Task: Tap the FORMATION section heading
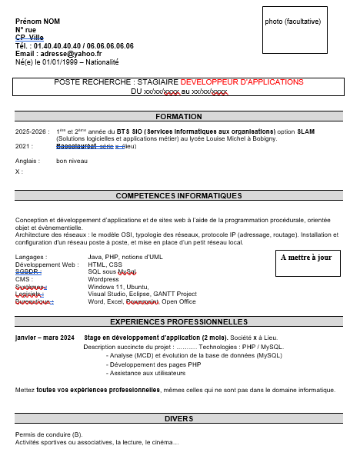pos(178,117)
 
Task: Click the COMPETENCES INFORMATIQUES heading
pos(178,196)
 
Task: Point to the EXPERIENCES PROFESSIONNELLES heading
pos(178,321)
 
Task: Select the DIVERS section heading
pos(178,419)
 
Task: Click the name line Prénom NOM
pos(37,21)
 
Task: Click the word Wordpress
pos(103,279)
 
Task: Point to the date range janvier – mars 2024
pos(45,338)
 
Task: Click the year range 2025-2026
pos(32,131)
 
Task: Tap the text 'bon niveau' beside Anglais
pos(72,161)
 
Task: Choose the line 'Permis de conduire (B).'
pos(48,434)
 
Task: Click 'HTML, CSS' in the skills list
pos(105,264)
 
